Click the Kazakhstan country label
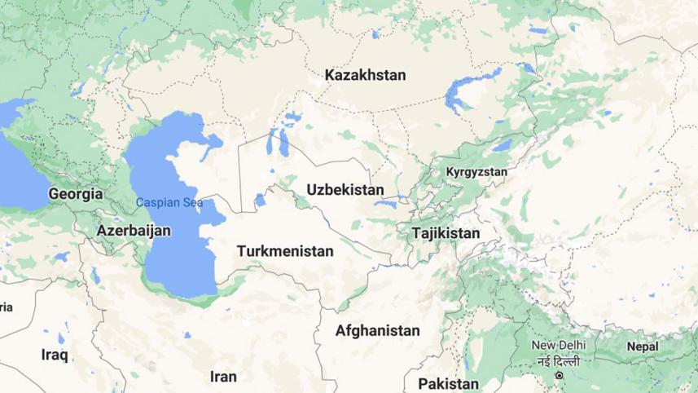click(x=365, y=75)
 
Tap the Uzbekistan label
click(x=345, y=190)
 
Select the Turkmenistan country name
click(x=285, y=251)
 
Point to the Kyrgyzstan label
click(x=476, y=172)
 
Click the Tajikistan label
click(x=446, y=233)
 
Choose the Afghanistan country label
click(x=378, y=331)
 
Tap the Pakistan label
click(x=448, y=383)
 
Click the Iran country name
click(x=223, y=376)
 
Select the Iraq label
click(x=55, y=355)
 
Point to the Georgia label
click(x=76, y=194)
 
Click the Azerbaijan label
click(x=134, y=231)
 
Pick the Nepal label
click(x=643, y=347)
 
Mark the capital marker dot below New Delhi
click(x=560, y=375)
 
